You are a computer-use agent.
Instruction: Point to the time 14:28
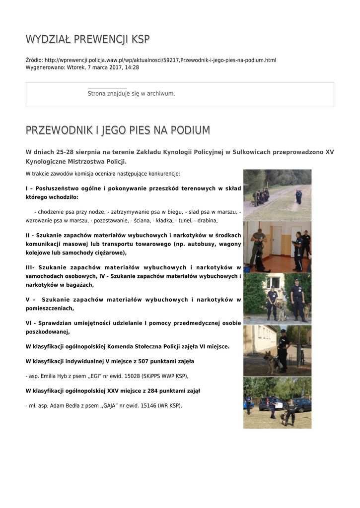coord(132,67)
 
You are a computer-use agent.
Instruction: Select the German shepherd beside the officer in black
coord(271,362)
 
